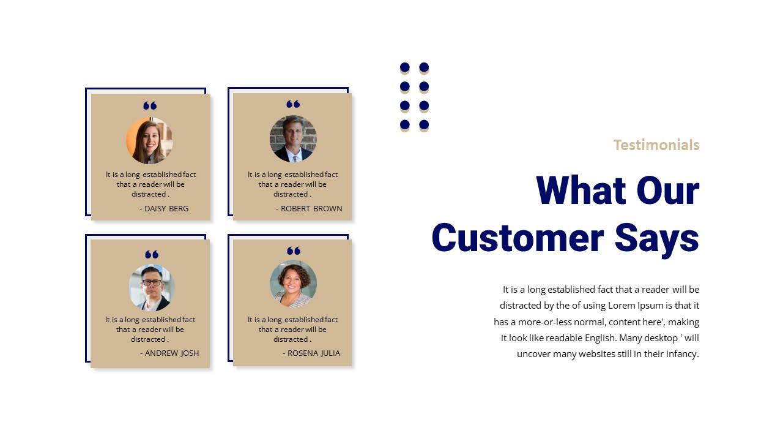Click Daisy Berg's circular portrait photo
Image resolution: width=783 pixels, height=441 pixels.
149,140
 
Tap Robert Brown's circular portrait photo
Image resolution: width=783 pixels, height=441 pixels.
293,139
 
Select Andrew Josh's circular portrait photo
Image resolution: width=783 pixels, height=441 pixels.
152,287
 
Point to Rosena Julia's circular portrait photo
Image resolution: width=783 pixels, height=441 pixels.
293,284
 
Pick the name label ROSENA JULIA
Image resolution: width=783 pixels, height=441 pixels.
313,353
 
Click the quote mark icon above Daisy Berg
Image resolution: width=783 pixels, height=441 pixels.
150,106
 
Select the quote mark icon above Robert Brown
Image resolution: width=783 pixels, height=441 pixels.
293,104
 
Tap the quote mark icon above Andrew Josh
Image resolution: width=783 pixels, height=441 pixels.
152,254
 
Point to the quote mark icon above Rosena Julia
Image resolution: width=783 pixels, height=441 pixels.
294,251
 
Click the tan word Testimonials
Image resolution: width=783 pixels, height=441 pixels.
656,145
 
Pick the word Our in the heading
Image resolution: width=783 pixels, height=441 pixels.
668,190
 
